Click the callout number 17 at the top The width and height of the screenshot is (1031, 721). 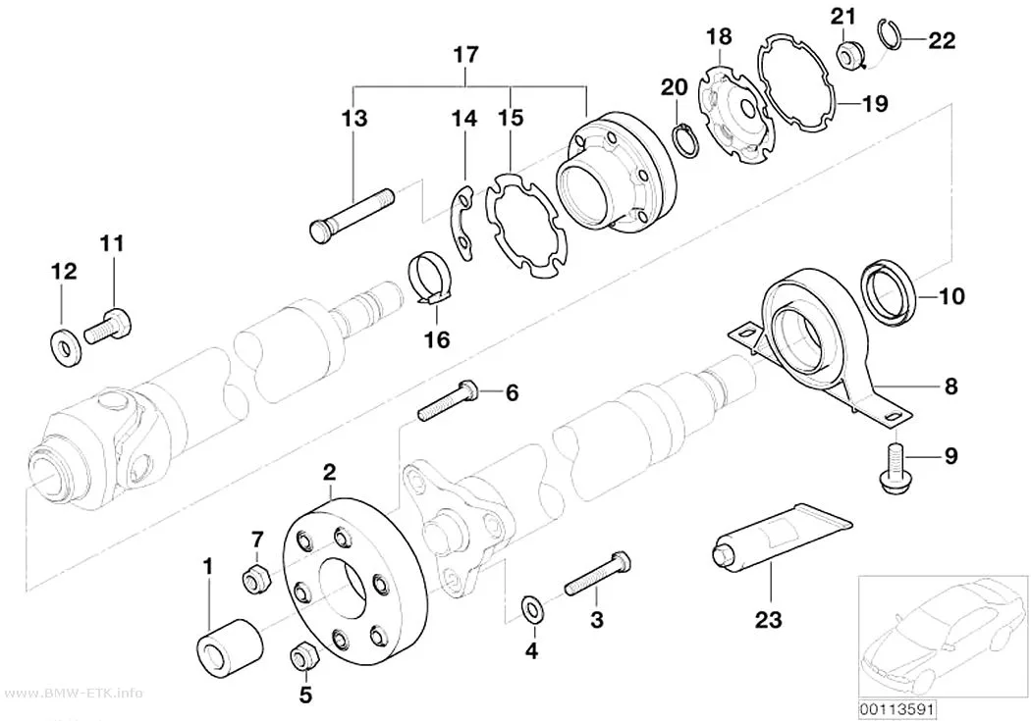465,54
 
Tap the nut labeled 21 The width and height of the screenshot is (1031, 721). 849,55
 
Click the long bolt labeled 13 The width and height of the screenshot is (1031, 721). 352,215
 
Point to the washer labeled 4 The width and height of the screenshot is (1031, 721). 531,607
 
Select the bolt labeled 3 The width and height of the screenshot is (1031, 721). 598,573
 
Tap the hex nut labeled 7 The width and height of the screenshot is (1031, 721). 253,578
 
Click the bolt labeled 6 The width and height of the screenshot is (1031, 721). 447,400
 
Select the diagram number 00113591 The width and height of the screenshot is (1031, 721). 897,710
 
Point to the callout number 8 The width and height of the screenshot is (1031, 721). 950,386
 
